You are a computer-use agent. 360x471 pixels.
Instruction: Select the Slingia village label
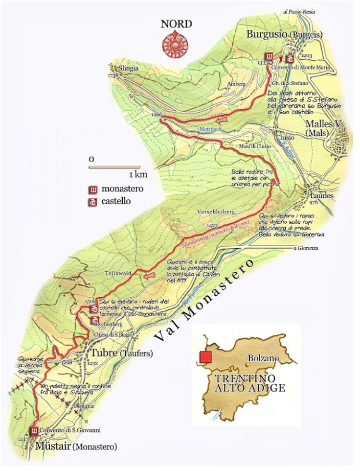(128, 68)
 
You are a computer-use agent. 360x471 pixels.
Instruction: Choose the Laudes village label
(321, 195)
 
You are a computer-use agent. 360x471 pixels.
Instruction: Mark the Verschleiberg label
(216, 212)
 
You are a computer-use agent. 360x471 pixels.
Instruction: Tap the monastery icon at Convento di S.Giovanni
(34, 431)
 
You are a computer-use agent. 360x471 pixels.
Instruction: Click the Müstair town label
(52, 447)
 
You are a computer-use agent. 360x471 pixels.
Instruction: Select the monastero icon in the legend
(91, 189)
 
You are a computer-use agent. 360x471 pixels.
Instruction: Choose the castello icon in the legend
(91, 201)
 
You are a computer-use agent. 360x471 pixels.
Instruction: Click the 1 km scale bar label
(138, 174)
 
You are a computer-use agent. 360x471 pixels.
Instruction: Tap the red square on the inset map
(205, 357)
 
